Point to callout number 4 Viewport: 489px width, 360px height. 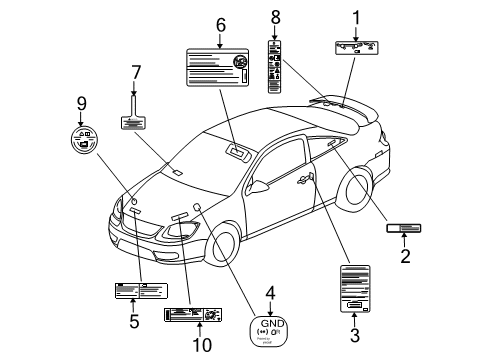269,293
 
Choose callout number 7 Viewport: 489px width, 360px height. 135,72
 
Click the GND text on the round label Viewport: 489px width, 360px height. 270,322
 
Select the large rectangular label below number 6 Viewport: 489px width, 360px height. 219,69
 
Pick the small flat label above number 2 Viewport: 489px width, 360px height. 404,229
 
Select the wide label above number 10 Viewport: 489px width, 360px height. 192,315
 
